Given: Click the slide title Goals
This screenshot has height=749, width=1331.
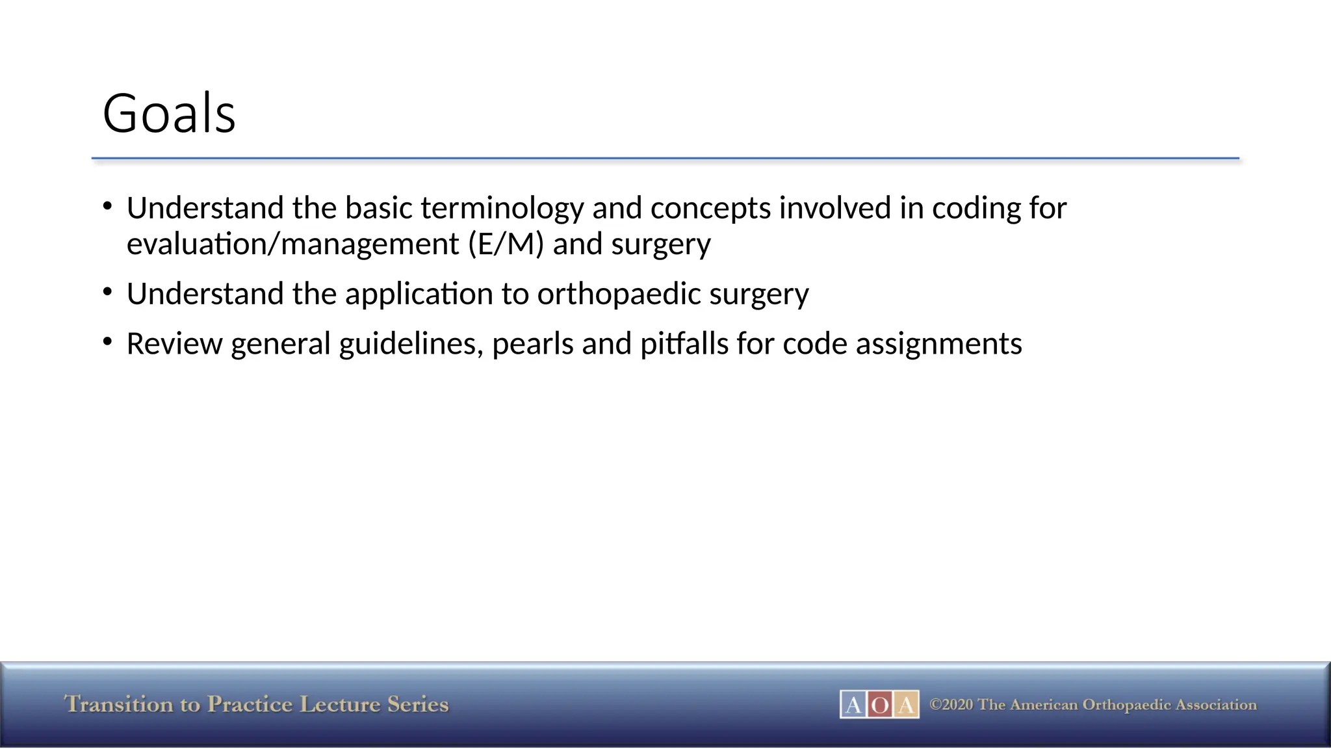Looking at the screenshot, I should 169,114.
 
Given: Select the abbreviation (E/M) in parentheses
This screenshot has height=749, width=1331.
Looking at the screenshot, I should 505,244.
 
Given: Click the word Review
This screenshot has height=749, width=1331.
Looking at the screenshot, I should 174,344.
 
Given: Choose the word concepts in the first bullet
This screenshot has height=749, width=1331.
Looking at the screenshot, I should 710,208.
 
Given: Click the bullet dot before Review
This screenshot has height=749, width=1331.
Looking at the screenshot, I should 108,341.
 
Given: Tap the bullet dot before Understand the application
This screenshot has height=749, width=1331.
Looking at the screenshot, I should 108,291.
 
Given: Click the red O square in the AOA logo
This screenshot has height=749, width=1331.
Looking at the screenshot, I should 879,705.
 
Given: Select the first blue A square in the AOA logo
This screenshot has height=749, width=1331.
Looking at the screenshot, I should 853,705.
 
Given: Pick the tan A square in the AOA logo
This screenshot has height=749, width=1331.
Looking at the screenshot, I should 906,705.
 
